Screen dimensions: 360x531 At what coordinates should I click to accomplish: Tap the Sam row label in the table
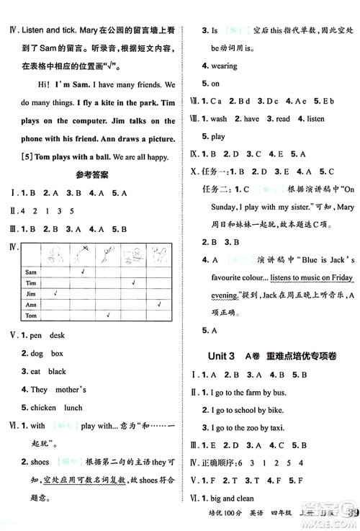tap(32, 273)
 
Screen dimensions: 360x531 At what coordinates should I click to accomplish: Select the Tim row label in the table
tap(30, 284)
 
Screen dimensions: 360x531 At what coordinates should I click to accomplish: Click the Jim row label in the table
tap(30, 295)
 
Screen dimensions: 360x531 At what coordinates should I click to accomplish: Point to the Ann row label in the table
tap(30, 305)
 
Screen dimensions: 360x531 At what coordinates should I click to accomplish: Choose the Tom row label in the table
tap(31, 316)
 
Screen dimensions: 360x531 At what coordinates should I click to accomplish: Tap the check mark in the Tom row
tap(108, 316)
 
